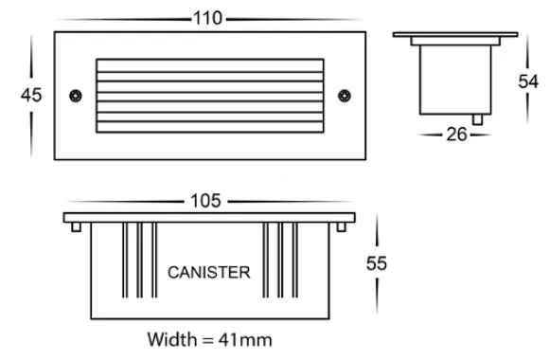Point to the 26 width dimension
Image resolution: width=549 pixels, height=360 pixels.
click(x=456, y=135)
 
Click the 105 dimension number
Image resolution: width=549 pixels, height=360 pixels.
click(x=205, y=201)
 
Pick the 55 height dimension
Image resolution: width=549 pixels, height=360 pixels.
click(x=377, y=264)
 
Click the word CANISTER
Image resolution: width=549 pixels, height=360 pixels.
click(x=209, y=273)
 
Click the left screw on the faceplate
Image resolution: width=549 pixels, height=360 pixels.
click(x=75, y=95)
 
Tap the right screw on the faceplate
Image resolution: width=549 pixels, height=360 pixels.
click(x=345, y=95)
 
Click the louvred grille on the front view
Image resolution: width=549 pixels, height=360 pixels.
click(x=210, y=95)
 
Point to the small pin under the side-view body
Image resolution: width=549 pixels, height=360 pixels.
click(x=484, y=120)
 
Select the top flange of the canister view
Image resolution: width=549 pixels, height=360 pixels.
click(x=209, y=218)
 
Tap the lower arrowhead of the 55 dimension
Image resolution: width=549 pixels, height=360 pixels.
click(x=377, y=315)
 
